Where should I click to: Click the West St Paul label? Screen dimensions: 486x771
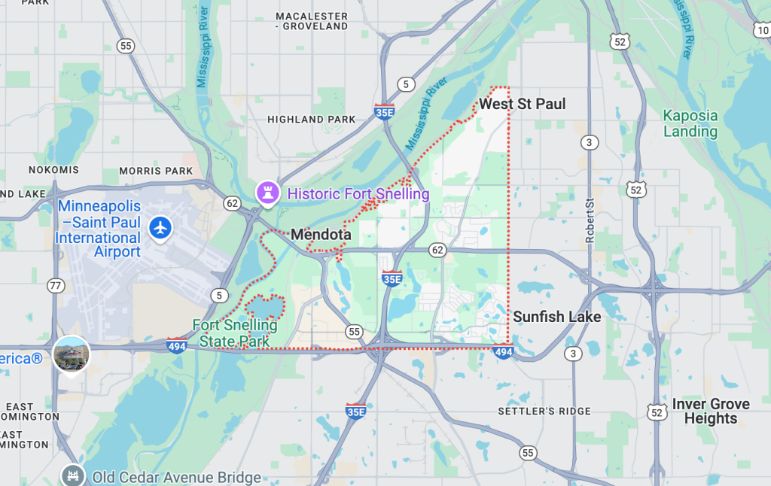coord(522,104)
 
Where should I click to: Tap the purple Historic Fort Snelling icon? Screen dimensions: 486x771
coord(267,193)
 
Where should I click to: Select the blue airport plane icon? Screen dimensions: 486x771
coord(160,227)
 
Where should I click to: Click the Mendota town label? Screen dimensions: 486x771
coord(321,235)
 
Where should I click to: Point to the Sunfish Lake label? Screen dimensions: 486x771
coord(556,317)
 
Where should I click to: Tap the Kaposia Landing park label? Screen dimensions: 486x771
coord(690,123)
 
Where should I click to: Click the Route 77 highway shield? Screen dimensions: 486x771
coord(56,285)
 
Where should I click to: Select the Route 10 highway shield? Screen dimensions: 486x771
coord(761,31)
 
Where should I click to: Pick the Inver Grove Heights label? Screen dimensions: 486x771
coord(710,411)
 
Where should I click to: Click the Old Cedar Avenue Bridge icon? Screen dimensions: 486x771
coord(72,475)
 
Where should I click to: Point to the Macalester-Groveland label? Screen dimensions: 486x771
coord(312,21)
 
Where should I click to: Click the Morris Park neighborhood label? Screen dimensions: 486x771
coord(156,171)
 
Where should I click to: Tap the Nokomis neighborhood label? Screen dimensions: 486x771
coord(53,170)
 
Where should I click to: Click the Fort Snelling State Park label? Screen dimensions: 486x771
coord(234,333)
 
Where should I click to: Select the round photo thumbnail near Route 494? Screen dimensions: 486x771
coord(72,354)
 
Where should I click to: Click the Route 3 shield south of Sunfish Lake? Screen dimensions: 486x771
coord(574,354)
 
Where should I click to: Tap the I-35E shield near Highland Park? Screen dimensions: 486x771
coord(384,112)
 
